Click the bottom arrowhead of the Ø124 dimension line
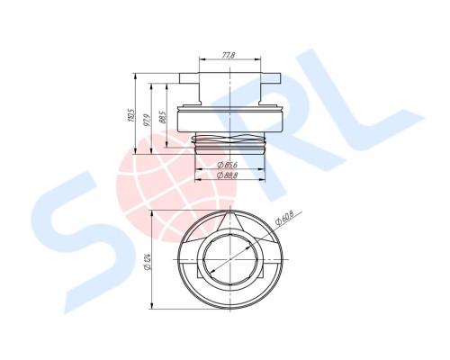(x=150, y=308)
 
